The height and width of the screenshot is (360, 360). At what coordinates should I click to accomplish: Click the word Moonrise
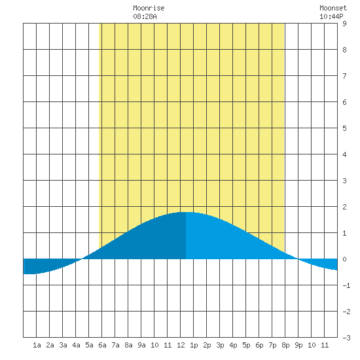(149, 8)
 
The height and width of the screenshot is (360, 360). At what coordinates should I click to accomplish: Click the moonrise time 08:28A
(145, 16)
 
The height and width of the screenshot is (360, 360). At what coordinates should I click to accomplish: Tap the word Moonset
(333, 8)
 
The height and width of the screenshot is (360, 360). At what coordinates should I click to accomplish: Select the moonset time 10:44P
(331, 16)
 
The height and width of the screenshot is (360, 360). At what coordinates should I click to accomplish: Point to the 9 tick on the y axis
(344, 24)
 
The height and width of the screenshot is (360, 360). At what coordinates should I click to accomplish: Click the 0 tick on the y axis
(344, 259)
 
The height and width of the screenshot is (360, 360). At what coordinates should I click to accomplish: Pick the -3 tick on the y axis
(346, 338)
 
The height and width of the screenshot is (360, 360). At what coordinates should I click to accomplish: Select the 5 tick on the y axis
(344, 128)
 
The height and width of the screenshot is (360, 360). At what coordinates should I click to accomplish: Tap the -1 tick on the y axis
(346, 285)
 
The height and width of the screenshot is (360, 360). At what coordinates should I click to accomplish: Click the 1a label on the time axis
(37, 345)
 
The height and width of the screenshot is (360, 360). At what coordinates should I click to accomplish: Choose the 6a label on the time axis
(102, 345)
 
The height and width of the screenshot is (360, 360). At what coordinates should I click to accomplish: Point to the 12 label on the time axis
(181, 345)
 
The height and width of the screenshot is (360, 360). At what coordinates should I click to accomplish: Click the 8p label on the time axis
(285, 345)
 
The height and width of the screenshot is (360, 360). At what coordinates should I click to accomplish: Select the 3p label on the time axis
(220, 345)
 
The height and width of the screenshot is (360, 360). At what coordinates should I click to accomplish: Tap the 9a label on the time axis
(141, 345)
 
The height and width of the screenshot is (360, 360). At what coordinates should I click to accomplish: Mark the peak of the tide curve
(187, 212)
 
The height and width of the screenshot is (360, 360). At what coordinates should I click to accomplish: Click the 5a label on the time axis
(89, 345)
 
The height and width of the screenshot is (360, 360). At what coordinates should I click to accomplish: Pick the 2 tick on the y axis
(344, 207)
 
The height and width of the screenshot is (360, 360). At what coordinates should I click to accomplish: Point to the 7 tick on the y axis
(344, 76)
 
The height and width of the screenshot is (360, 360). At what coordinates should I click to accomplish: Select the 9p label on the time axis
(298, 345)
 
